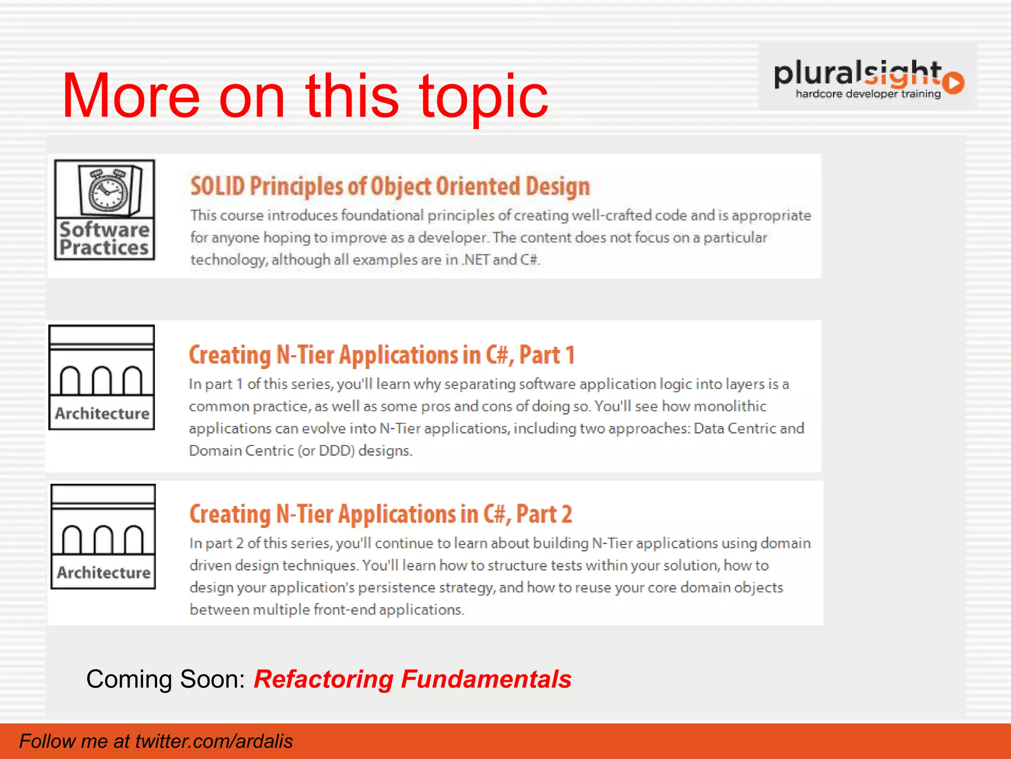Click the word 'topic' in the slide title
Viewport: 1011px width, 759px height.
pos(484,96)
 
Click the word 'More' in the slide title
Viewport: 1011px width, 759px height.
pos(131,96)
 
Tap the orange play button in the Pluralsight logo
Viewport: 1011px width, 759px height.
pos(954,83)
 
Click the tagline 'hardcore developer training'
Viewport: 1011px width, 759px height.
pos(868,94)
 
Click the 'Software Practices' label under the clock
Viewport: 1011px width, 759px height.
pos(104,239)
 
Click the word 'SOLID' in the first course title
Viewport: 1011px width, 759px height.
pos(218,186)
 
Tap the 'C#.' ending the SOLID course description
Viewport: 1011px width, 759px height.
pos(530,260)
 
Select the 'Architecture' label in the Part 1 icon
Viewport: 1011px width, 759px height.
pos(102,413)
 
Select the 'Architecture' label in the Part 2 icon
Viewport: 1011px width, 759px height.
pos(104,572)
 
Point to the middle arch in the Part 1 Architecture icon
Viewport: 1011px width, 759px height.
pos(102,380)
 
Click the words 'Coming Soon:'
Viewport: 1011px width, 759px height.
pos(166,679)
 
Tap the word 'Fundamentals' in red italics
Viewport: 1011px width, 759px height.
pos(486,679)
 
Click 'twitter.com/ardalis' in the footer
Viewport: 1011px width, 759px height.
pos(214,741)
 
